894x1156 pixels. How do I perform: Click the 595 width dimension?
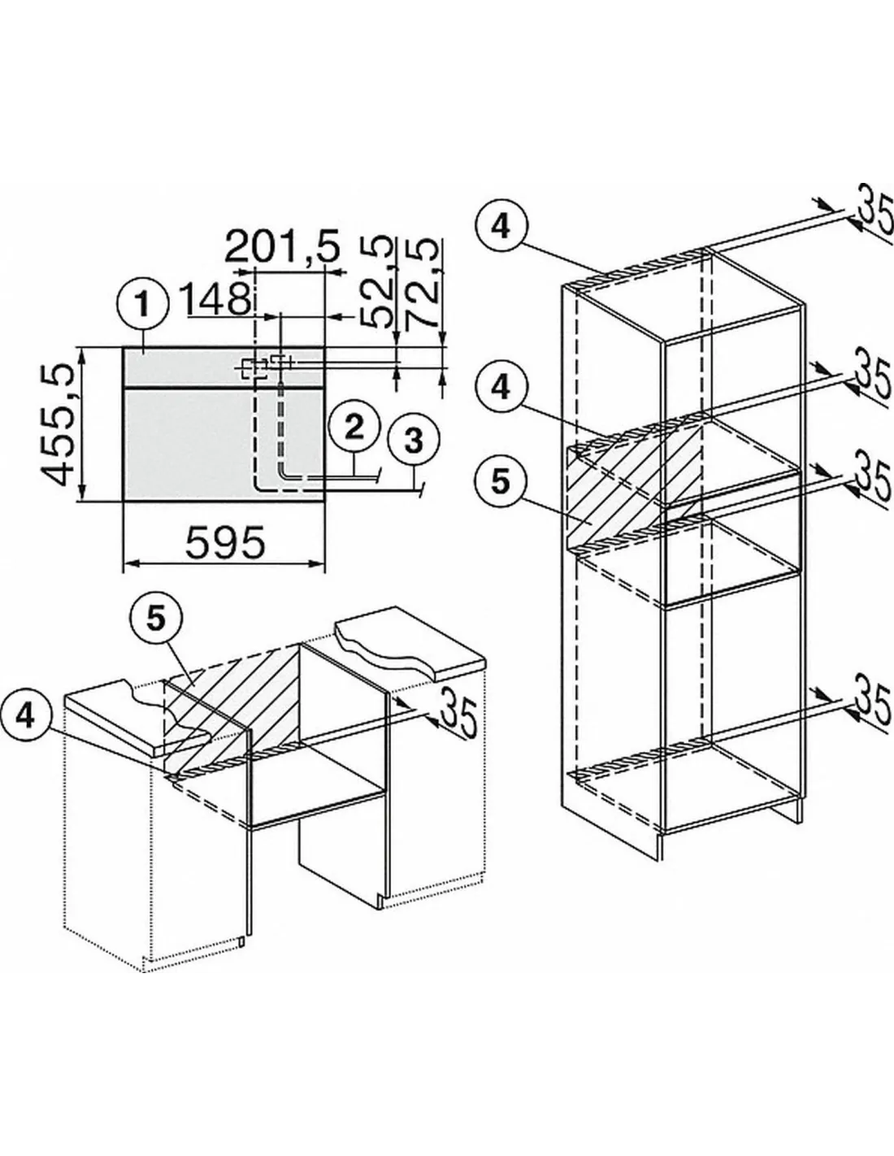tap(225, 542)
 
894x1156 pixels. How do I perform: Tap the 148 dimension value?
tap(216, 299)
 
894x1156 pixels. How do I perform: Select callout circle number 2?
tap(354, 428)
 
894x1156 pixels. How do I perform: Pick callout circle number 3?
tap(414, 440)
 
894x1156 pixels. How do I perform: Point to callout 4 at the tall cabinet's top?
tap(501, 228)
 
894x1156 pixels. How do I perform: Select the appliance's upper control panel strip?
tap(223, 367)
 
